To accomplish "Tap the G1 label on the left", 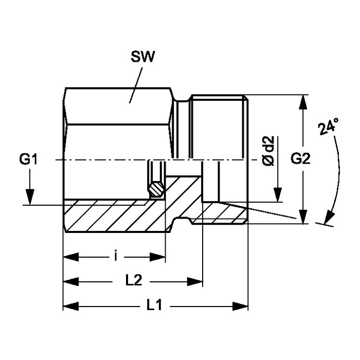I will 29,160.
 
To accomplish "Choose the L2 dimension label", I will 134,281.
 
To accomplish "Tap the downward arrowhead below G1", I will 30,197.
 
